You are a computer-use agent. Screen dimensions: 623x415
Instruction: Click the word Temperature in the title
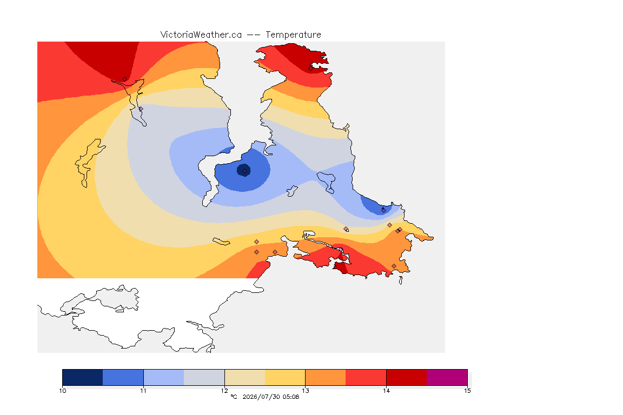pos(293,35)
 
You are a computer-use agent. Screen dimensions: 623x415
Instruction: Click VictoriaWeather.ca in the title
pos(201,35)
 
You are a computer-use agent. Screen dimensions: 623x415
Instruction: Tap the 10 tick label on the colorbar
pos(63,391)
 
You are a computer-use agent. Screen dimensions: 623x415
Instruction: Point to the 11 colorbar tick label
pos(143,391)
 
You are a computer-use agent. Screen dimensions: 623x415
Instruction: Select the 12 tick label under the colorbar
pos(224,391)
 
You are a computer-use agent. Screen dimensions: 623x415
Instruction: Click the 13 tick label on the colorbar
pos(305,391)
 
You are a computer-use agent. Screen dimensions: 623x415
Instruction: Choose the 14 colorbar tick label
pos(386,391)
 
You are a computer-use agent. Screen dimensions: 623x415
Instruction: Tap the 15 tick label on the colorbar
pos(467,391)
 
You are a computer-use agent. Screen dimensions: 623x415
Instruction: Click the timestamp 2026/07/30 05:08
pos(270,397)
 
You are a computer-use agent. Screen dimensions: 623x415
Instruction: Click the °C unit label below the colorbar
pos(234,397)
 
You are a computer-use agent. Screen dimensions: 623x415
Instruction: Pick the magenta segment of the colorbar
pos(447,377)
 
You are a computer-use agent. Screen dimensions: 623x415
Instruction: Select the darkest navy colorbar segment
pos(83,377)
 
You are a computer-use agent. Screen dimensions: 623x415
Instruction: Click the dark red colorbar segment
pos(407,377)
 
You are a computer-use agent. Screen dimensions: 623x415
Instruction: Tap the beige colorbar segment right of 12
pos(245,377)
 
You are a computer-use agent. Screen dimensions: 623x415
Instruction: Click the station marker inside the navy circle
pos(245,171)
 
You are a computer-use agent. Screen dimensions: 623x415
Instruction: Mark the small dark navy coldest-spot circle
pos(243,170)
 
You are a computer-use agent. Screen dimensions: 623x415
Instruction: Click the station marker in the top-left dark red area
pos(125,79)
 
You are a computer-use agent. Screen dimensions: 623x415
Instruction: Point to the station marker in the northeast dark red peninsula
pos(311,68)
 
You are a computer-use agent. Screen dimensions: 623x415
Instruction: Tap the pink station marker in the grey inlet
pos(141,109)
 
